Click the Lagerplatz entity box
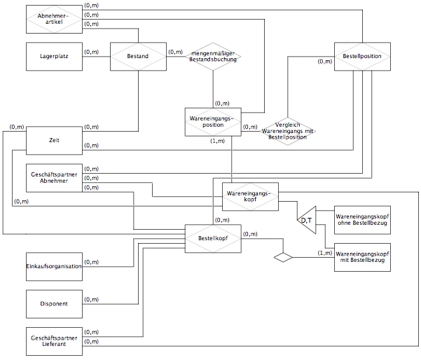(x=54, y=56)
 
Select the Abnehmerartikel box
(x=54, y=19)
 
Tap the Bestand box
(x=138, y=56)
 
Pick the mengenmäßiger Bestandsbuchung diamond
(x=213, y=56)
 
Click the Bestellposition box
(x=362, y=56)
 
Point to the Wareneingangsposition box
(x=213, y=122)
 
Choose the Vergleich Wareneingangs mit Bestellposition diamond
(x=288, y=131)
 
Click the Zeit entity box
(x=54, y=140)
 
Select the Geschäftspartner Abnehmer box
(x=54, y=178)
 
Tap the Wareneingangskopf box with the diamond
(x=250, y=197)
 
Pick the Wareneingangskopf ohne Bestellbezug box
(x=362, y=220)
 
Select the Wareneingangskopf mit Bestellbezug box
(x=362, y=257)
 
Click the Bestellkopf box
(x=213, y=238)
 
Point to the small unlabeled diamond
(x=283, y=257)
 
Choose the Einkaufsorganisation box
(x=54, y=267)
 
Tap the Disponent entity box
(x=54, y=304)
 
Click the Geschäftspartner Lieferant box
(x=54, y=341)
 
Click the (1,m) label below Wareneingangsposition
(x=217, y=141)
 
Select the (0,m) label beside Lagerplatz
(x=91, y=52)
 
